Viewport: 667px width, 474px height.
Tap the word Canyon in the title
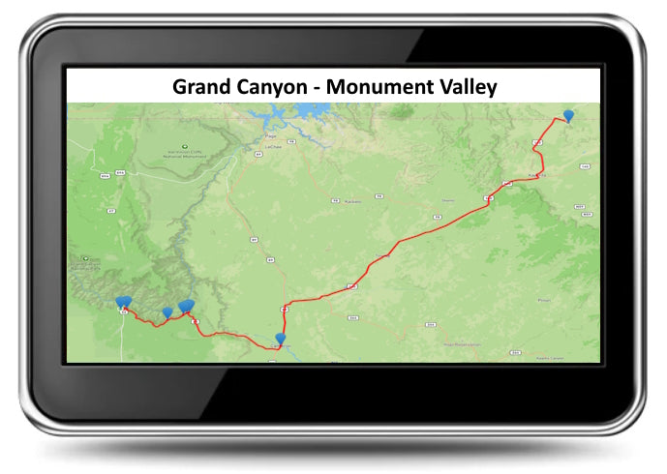[273, 86]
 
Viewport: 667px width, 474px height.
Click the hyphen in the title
[316, 87]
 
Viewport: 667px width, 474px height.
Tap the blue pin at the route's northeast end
[568, 115]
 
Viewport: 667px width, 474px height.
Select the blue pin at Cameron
[281, 339]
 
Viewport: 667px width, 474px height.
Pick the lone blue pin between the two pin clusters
[167, 311]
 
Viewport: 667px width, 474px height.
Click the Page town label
[270, 137]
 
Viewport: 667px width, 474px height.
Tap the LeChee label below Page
[273, 147]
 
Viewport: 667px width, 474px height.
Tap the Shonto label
[447, 200]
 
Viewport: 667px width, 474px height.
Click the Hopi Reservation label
[461, 343]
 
